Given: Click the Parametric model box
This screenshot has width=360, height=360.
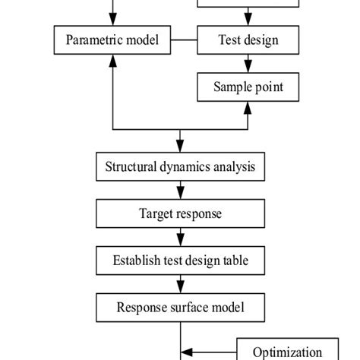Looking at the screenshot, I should click(x=112, y=39).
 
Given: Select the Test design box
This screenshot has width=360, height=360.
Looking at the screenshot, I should click(x=248, y=39).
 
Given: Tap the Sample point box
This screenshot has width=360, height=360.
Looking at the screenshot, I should click(x=248, y=87).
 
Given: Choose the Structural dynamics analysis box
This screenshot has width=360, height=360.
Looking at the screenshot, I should click(x=180, y=166).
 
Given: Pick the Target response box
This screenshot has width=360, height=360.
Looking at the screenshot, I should click(x=180, y=213).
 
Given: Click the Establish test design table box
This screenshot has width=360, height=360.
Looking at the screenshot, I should click(x=180, y=261).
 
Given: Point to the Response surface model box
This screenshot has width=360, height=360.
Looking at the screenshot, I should click(x=180, y=308).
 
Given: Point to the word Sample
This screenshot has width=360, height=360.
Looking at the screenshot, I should click(x=232, y=87).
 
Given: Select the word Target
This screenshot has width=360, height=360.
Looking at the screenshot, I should click(x=157, y=213).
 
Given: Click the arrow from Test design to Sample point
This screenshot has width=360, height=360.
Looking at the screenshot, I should click(x=248, y=63).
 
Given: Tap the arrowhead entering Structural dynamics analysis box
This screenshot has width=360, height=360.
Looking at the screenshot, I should click(x=180, y=147).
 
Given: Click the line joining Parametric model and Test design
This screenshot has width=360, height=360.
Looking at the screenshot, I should click(x=183, y=39).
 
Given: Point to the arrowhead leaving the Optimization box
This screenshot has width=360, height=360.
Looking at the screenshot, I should click(x=188, y=352).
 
